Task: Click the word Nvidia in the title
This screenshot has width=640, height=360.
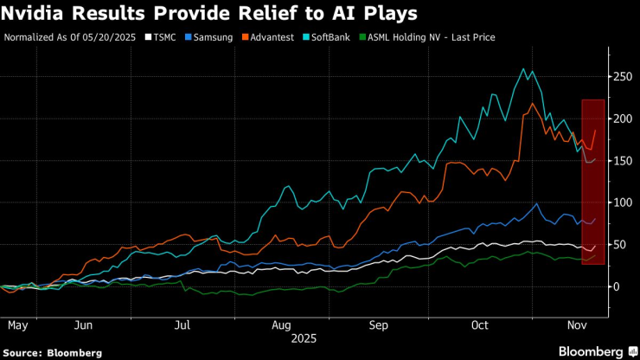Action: coord(34,14)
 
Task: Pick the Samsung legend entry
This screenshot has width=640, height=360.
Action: coord(214,38)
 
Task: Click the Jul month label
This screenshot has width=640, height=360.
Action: coord(182,325)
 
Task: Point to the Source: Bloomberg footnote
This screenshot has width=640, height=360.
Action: coord(52,352)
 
